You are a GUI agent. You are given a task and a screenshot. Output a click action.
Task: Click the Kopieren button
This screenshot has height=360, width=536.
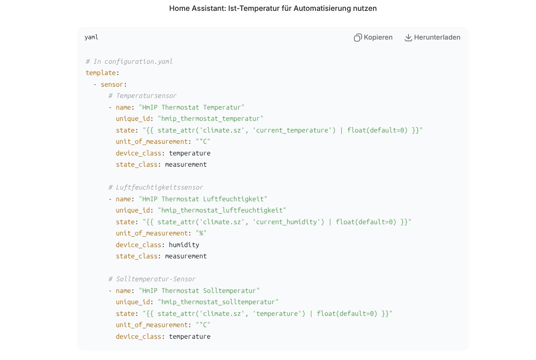click(x=373, y=37)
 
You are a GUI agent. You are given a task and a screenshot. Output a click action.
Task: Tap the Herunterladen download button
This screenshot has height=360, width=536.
click(x=432, y=37)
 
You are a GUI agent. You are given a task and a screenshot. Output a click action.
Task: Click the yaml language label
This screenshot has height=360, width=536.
click(x=91, y=37)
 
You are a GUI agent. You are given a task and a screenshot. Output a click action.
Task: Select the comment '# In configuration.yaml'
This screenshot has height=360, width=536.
click(x=129, y=62)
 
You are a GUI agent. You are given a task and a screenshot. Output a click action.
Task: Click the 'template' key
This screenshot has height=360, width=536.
click(x=101, y=73)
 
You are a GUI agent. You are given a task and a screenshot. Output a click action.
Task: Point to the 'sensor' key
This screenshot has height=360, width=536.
click(x=112, y=85)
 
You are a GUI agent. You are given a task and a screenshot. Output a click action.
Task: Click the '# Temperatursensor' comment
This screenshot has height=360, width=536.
click(x=143, y=96)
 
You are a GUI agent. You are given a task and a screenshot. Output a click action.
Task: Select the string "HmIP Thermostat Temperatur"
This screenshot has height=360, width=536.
click(x=192, y=107)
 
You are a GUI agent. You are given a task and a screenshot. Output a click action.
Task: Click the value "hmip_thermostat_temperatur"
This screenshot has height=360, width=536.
click(x=210, y=119)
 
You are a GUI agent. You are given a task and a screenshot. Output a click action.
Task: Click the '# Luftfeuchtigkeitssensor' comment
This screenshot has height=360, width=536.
click(x=156, y=187)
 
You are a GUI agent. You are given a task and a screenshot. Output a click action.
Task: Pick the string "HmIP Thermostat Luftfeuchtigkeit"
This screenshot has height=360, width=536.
click(x=203, y=199)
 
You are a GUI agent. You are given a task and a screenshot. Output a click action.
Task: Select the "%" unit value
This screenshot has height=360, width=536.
click(x=201, y=233)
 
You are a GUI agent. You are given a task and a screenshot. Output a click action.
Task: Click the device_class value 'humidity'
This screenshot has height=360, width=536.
click(x=184, y=245)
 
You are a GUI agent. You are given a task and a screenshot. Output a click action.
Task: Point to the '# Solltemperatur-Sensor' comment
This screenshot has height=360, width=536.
click(x=152, y=279)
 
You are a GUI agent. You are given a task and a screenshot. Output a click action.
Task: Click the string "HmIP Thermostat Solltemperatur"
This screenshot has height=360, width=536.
click(x=199, y=290)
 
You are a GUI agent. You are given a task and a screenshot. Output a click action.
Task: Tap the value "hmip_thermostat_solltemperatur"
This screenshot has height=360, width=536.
click(x=218, y=302)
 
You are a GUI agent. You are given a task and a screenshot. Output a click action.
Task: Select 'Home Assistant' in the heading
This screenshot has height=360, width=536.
click(x=198, y=8)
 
